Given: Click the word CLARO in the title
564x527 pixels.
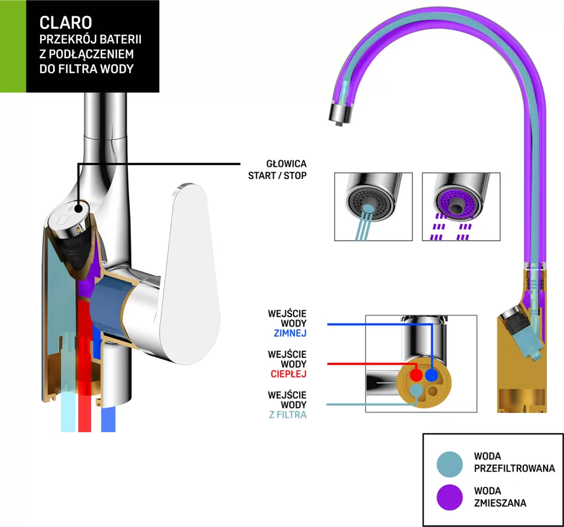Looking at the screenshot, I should (65, 22).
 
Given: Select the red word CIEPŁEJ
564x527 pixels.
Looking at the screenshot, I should (289, 374).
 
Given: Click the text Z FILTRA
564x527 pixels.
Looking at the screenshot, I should (288, 415).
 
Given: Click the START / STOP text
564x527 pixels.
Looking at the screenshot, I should (277, 175).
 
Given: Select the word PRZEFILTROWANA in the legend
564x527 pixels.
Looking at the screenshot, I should (515, 468).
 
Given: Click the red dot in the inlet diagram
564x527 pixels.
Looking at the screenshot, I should (416, 375).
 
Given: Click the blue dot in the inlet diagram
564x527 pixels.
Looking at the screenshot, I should (431, 375).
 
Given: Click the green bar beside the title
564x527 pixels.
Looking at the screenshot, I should (12, 46).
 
